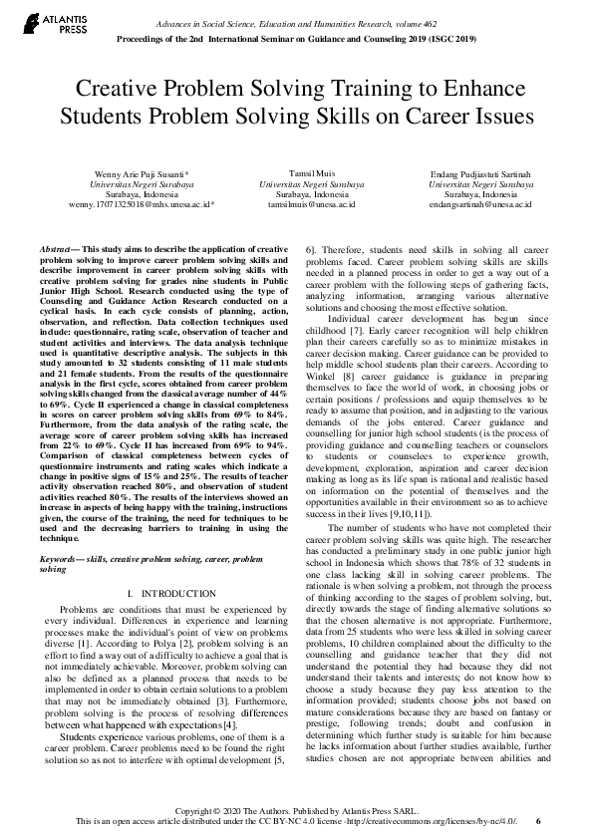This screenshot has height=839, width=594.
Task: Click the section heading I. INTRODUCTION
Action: (x=166, y=593)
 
